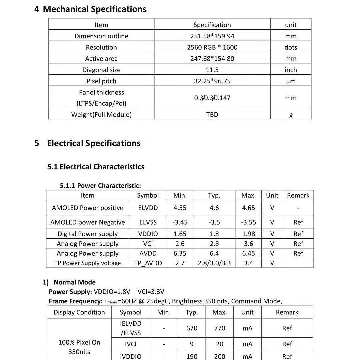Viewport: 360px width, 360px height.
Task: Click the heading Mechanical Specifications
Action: coord(94,9)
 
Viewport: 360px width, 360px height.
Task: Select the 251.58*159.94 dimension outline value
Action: coord(212,36)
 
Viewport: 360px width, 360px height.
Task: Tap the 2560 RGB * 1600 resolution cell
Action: coord(212,47)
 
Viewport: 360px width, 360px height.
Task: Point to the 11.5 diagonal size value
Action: coord(212,70)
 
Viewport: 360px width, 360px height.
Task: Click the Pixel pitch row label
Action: coord(101,81)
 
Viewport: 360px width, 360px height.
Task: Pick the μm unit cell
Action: coord(291,81)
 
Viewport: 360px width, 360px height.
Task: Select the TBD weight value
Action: coord(212,115)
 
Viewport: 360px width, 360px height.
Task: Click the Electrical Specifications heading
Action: coord(94,143)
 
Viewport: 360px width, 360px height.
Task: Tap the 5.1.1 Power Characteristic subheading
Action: coord(100,186)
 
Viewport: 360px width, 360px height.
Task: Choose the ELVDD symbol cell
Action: coord(148,208)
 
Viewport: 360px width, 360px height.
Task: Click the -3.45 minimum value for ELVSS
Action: coord(180,222)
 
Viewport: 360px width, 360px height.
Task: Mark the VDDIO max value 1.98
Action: coord(248,234)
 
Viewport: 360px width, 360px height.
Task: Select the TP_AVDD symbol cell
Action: coord(148,263)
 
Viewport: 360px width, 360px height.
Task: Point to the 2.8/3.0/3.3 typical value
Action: coord(214,263)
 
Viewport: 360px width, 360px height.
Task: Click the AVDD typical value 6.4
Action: coord(214,254)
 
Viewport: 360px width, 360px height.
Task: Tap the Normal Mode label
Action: coord(74,282)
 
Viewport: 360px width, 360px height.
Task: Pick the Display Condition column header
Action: coord(79,312)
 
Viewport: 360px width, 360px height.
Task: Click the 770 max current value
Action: coord(220,328)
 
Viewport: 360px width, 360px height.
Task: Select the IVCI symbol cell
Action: coord(131,344)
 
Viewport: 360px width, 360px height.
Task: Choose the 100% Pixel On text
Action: coord(79,342)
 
